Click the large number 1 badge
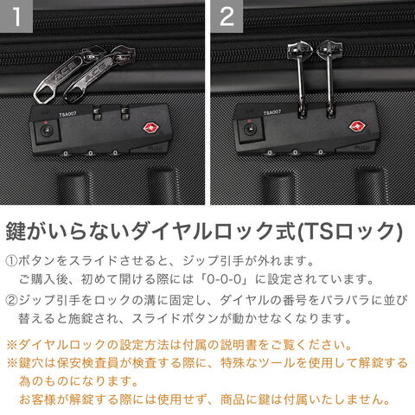pyautogui.click(x=16, y=16)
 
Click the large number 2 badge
pyautogui.click(x=227, y=16)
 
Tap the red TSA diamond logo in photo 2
pyautogui.click(x=357, y=126)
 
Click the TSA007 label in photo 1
pyautogui.click(x=67, y=114)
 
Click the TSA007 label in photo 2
pyautogui.click(x=272, y=112)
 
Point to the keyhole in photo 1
pyautogui.click(x=45, y=131)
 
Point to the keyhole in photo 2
pyautogui.click(x=250, y=130)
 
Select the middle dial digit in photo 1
pyautogui.click(x=91, y=153)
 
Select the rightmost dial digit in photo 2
pyautogui.click(x=321, y=151)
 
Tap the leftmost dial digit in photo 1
pyautogui.click(x=66, y=153)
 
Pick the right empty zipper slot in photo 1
pyautogui.click(x=125, y=113)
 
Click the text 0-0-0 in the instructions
pyautogui.click(x=224, y=279)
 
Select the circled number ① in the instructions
pyautogui.click(x=11, y=261)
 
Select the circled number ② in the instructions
pyautogui.click(x=11, y=300)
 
